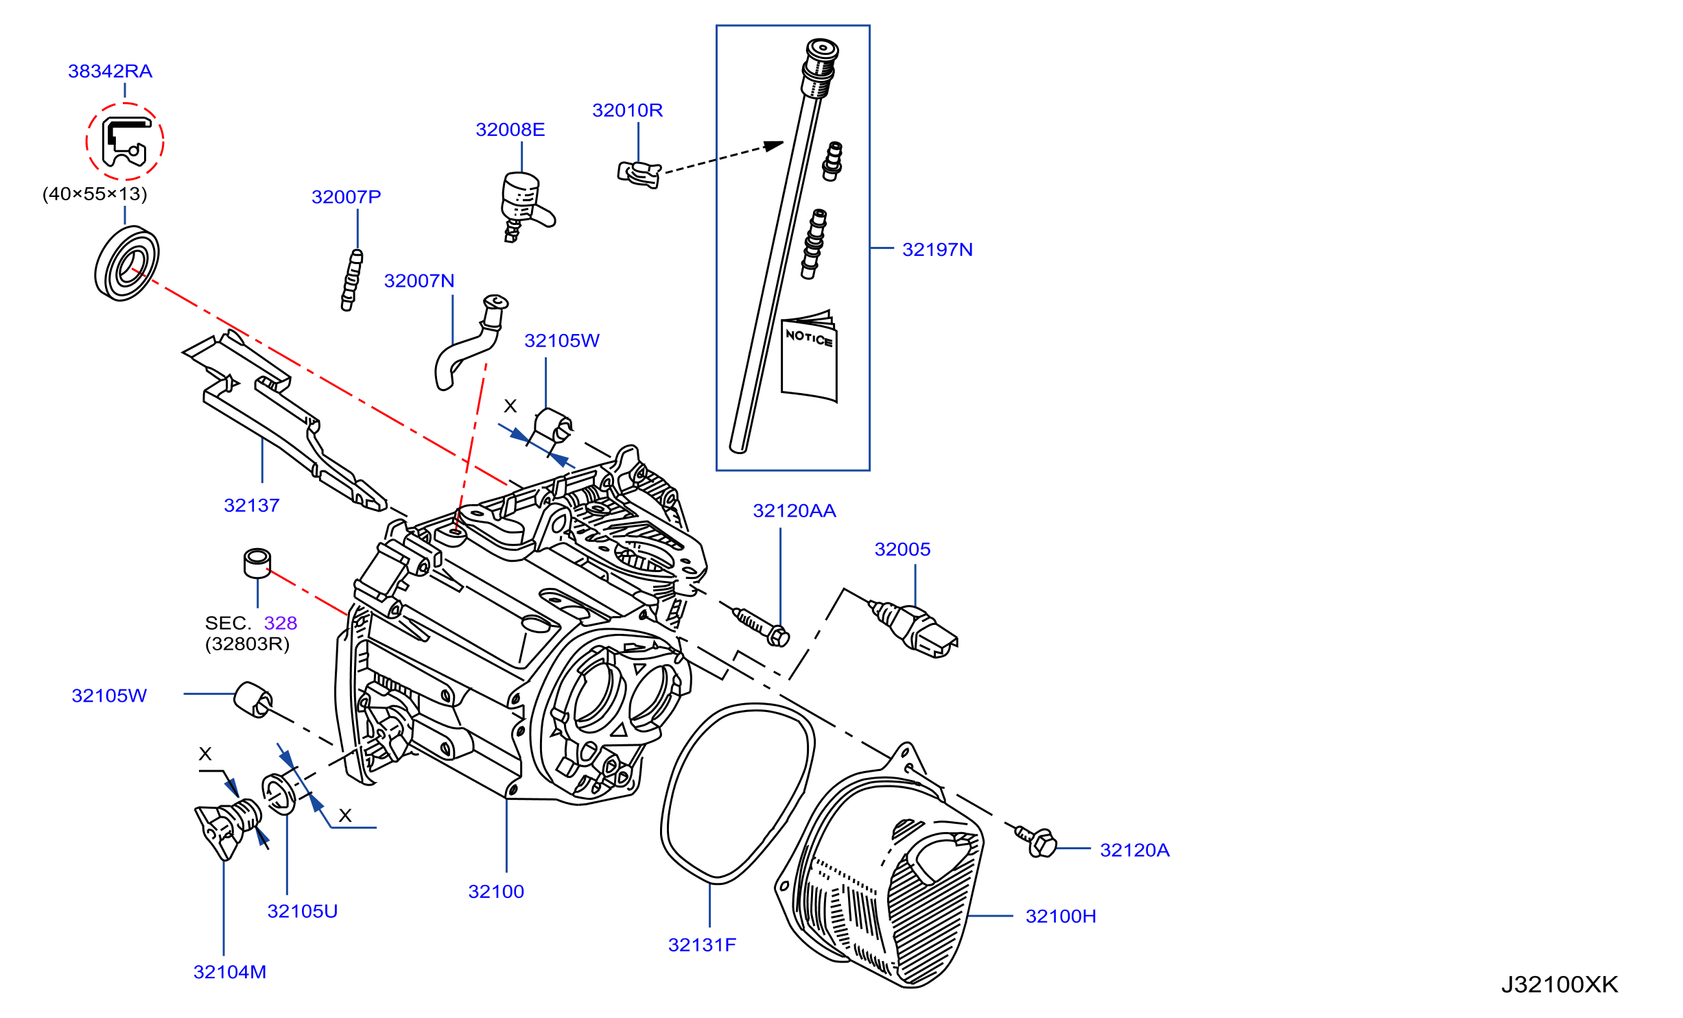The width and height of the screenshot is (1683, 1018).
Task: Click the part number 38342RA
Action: coord(110,71)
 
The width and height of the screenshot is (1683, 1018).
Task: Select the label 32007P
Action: coord(346,197)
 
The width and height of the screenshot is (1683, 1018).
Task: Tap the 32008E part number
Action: coord(510,130)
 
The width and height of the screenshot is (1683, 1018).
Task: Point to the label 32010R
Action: coord(627,110)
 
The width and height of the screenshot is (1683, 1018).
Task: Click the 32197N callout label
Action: coord(937,250)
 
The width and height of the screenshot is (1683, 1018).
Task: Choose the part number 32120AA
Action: coord(795,511)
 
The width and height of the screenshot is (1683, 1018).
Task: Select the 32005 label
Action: coord(902,549)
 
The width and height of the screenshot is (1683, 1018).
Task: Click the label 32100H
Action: coord(1061,916)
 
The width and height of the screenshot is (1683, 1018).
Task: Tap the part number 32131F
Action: coord(702,945)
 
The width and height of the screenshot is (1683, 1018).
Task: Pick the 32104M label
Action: coord(230,972)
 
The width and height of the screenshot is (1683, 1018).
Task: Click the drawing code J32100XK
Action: coord(1560,985)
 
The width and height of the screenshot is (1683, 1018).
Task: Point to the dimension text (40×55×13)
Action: coord(95,194)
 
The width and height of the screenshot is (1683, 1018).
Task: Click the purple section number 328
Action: coord(281,623)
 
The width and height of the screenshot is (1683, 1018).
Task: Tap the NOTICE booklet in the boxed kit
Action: coord(810,357)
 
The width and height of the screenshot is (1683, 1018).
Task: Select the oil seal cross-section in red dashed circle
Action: coord(124,142)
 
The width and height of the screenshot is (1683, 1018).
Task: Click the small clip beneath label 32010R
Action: coord(639,174)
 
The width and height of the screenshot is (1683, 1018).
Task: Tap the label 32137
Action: coord(252,506)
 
